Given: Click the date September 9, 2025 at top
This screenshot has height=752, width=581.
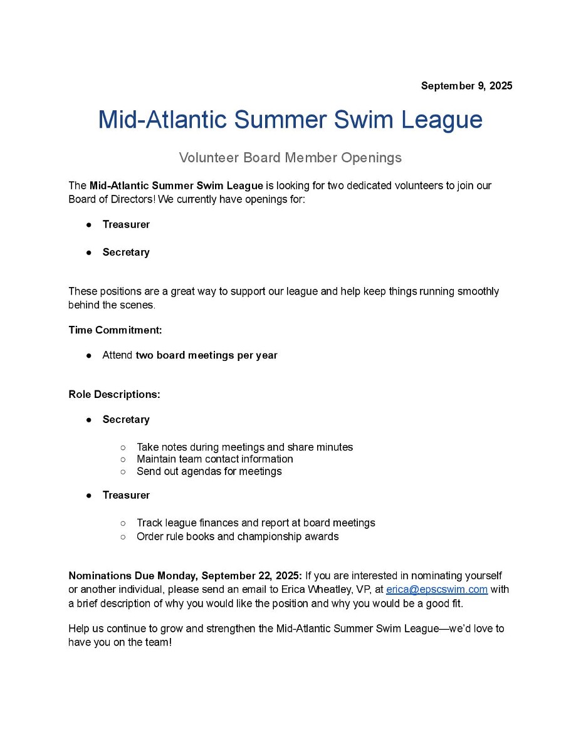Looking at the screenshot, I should click(x=466, y=86).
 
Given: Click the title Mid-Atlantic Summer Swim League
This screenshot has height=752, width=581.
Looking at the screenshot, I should click(x=290, y=119).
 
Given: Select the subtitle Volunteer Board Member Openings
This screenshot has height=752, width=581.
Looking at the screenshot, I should click(x=290, y=157).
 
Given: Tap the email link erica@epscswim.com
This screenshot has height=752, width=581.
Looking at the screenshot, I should click(x=436, y=589).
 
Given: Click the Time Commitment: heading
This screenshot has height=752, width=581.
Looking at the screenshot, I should click(x=115, y=330).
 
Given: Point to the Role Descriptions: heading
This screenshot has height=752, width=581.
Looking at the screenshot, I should click(x=114, y=395).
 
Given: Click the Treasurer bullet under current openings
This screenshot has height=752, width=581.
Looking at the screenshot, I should click(x=126, y=224).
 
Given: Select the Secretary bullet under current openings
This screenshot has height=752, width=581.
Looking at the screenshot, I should click(x=126, y=252).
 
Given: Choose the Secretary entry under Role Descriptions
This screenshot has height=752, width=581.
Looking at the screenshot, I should click(x=126, y=419).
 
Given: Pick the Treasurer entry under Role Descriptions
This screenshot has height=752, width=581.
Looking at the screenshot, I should click(x=126, y=495).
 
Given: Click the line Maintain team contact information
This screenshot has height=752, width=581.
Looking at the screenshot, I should click(x=214, y=459).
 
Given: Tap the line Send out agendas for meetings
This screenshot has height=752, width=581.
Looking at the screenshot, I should click(x=209, y=471).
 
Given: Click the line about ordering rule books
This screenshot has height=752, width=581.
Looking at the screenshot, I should click(x=237, y=536).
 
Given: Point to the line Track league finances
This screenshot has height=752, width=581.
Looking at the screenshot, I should click(x=256, y=523).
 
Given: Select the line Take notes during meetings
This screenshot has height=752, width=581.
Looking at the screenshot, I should click(x=244, y=447).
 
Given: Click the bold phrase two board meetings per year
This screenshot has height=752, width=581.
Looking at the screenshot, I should click(x=206, y=355).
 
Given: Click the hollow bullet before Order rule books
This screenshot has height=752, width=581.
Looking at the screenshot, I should click(x=123, y=536).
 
